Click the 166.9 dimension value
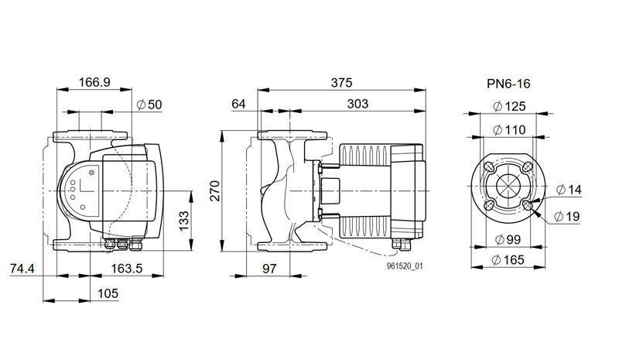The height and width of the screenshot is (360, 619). pyautogui.click(x=94, y=82)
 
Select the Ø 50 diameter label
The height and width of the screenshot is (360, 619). pyautogui.click(x=149, y=105)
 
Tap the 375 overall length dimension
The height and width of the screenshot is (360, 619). pyautogui.click(x=341, y=83)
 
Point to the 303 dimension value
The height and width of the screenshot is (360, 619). pyautogui.click(x=357, y=104)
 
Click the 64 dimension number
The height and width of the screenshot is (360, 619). pyautogui.click(x=238, y=104)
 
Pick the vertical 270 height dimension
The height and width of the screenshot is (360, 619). pyautogui.click(x=215, y=191)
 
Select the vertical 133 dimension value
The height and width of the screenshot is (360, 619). pyautogui.click(x=184, y=221)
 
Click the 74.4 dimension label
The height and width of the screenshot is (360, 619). pyautogui.click(x=22, y=269)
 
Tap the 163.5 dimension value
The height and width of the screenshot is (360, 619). pyautogui.click(x=126, y=269)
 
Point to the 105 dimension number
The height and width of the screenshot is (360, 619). pyautogui.click(x=108, y=293)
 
